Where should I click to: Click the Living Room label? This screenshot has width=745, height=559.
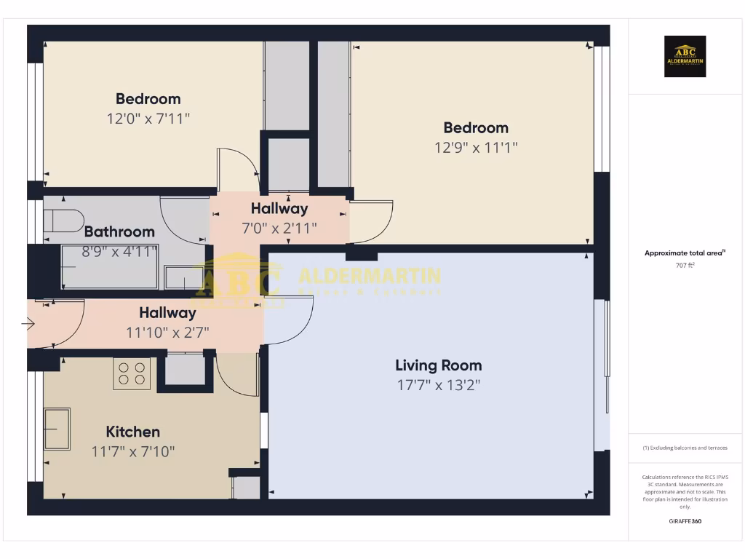[438, 365]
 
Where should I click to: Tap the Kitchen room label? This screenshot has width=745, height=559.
[133, 432]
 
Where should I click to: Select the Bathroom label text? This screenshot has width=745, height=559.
[119, 231]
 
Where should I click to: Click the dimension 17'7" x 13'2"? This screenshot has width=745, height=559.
[439, 385]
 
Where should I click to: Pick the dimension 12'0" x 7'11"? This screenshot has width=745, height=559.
[148, 118]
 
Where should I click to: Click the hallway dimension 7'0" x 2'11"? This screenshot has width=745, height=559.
[279, 228]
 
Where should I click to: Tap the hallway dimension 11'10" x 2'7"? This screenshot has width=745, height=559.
[167, 332]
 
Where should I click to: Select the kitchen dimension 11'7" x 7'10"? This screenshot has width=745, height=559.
[133, 451]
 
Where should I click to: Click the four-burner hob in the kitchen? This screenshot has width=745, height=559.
[132, 373]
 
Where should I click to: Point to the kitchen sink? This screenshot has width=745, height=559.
[57, 429]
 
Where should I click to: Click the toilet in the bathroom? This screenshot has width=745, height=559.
[63, 221]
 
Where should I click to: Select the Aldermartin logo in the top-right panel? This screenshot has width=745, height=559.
[685, 57]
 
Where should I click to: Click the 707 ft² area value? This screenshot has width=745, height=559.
[685, 266]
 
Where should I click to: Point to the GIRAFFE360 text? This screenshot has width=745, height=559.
[685, 521]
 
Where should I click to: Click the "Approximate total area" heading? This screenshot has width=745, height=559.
[684, 253]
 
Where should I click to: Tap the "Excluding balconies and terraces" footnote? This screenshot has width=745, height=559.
[685, 448]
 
